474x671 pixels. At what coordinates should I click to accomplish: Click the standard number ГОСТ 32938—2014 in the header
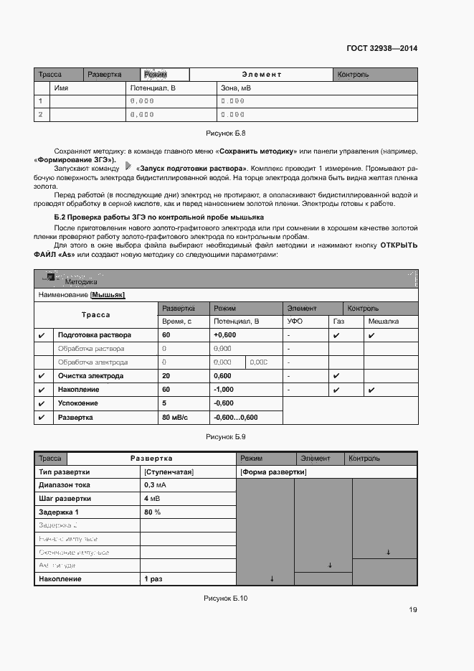[381, 49]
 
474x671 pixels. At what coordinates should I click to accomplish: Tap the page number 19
[413, 610]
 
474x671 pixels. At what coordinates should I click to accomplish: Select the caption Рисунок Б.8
[226, 133]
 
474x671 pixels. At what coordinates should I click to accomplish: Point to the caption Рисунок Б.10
[226, 598]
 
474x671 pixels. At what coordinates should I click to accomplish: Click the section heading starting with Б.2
[159, 217]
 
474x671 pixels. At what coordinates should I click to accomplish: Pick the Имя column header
[61, 88]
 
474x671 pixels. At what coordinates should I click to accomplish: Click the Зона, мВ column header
[235, 88]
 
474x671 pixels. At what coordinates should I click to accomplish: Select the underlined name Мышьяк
[108, 295]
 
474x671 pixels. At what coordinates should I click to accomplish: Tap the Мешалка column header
[383, 322]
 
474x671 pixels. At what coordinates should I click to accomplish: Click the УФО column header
[295, 322]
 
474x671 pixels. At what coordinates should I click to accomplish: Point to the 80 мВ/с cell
[175, 417]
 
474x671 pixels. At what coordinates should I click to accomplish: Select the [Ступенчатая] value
[169, 472]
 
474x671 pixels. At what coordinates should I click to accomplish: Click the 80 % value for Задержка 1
[152, 512]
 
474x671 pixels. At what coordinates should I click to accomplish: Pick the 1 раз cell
[153, 579]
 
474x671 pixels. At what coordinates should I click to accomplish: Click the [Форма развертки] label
[272, 472]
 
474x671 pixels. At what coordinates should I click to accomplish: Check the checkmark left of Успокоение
[42, 403]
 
